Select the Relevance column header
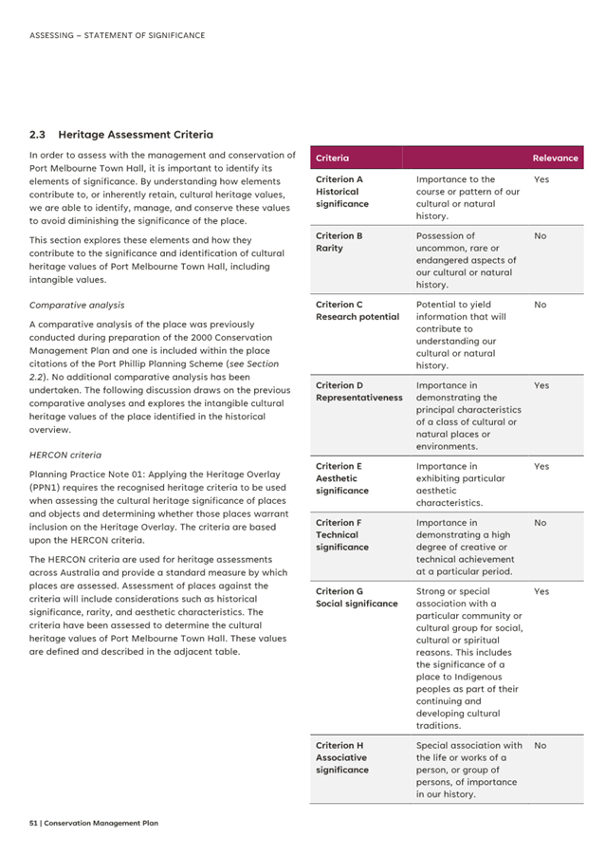point(555,158)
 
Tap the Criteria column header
point(332,158)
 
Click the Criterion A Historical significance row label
point(342,191)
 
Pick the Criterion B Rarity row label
point(339,242)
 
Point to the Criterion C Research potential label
point(357,310)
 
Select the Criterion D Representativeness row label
point(358,392)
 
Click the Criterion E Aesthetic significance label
point(342,478)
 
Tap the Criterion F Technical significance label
point(342,534)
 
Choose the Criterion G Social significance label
point(357,597)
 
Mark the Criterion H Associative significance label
point(342,757)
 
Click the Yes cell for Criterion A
point(541,178)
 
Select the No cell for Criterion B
point(540,235)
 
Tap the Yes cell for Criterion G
point(541,591)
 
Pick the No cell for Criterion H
point(540,745)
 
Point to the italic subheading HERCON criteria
point(64,455)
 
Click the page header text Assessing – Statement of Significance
point(117,36)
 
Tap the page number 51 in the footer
point(34,823)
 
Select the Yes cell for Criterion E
point(541,466)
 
